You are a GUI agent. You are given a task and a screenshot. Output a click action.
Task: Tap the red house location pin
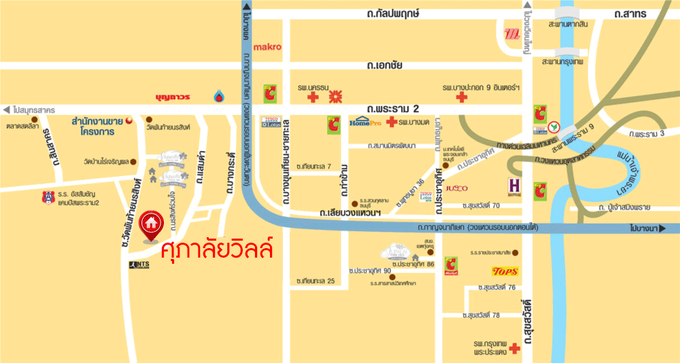(x=150, y=226)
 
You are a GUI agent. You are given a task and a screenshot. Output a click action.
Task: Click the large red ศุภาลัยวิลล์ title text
(x=218, y=249)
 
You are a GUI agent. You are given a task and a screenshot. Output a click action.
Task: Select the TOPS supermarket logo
(x=505, y=271)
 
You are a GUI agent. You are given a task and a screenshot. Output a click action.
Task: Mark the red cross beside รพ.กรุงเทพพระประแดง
(x=514, y=349)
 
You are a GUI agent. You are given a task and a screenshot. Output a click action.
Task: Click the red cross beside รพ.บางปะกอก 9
(x=462, y=98)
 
